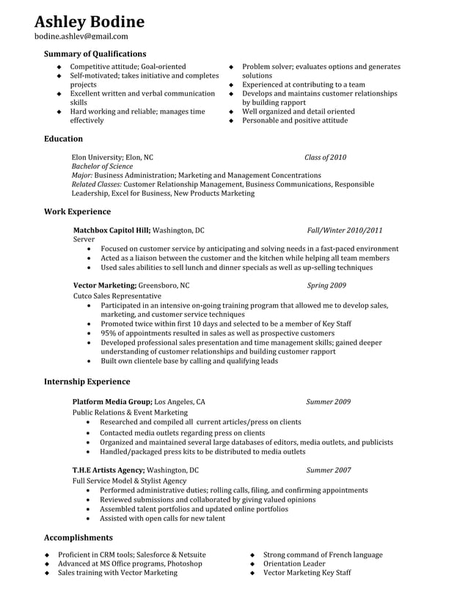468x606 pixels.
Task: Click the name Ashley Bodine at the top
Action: (x=89, y=21)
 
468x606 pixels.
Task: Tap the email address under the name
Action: (x=81, y=36)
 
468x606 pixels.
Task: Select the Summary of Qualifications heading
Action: (x=95, y=54)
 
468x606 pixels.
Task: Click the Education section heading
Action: (x=63, y=139)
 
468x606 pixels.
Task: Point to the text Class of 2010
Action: (x=325, y=157)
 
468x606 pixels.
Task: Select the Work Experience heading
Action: (x=77, y=211)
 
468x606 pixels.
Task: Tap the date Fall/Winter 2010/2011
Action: (x=344, y=230)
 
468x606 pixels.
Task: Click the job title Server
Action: (x=84, y=239)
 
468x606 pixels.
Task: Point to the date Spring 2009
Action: (x=326, y=285)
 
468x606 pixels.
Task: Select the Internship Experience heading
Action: (x=87, y=382)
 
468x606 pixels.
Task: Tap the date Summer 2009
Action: (x=328, y=402)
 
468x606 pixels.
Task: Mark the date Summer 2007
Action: (x=328, y=470)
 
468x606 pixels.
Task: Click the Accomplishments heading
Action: (x=78, y=537)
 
